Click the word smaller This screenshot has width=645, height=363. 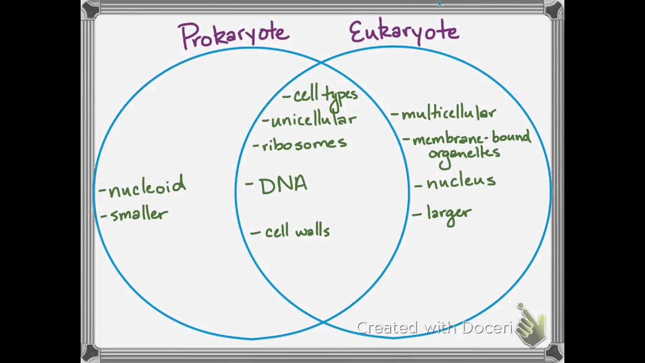coord(139,215)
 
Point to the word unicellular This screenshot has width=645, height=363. coord(313,120)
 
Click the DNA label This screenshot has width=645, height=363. coord(283,186)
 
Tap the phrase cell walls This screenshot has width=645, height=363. coord(297,231)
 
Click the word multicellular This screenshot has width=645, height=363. coord(448,113)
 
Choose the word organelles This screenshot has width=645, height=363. coord(464,153)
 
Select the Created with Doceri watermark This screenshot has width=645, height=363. coord(434,328)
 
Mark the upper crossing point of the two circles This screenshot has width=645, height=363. coord(321,62)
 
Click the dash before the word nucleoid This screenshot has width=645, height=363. coord(103,191)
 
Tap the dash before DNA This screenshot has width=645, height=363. coord(249,184)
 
